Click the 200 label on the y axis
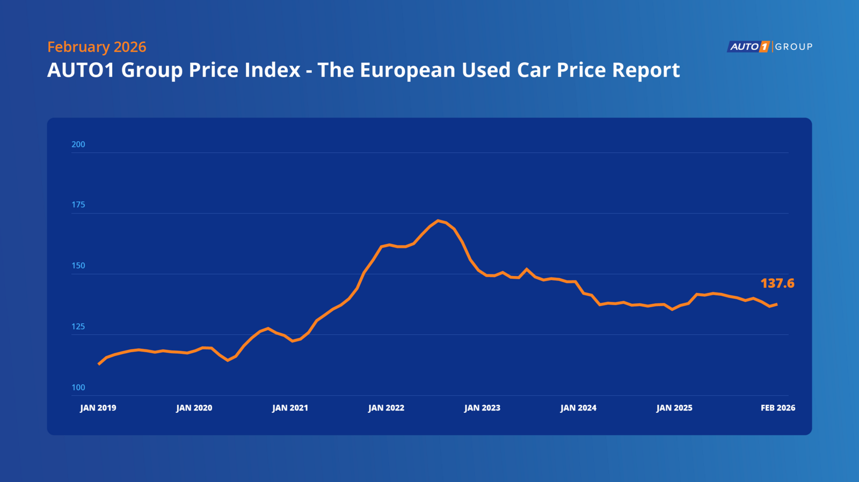coord(78,144)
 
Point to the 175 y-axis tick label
coord(78,205)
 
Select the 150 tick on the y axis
coord(78,266)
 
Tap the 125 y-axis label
coord(78,326)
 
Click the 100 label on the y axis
coord(78,388)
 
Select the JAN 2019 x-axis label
coord(98,408)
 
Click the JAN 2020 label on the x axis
coord(194,408)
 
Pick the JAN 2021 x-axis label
coord(290,408)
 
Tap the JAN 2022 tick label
coord(387,408)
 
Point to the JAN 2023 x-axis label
coord(483,408)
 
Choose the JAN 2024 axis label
coord(579,408)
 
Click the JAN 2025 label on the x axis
coord(675,408)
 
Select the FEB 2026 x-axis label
coord(778,408)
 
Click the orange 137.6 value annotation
coord(777,283)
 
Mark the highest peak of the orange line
coord(438,221)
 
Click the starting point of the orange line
coord(99,364)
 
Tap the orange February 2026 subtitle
coord(97,47)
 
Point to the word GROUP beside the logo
coord(794,47)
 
